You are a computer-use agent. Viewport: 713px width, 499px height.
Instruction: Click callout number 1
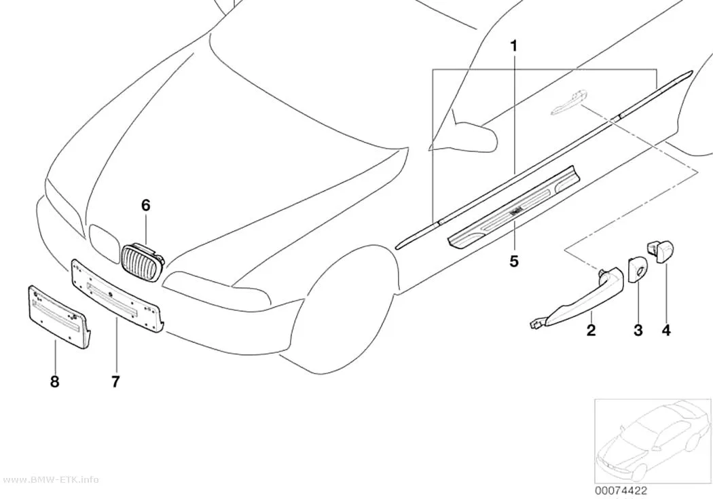coord(514,46)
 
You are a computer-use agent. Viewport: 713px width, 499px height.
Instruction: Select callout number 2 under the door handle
coord(591,330)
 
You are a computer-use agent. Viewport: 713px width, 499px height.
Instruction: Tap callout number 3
coord(638,331)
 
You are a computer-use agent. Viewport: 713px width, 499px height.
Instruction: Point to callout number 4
coord(666,330)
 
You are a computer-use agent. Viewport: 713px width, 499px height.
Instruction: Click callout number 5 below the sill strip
coord(514,261)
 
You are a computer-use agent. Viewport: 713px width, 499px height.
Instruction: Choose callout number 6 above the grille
coord(145,206)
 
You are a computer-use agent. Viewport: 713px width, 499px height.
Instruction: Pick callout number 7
coord(115,382)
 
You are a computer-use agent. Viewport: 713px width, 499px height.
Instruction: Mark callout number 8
coord(54,382)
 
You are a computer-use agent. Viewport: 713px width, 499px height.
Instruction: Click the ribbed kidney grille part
coord(143,262)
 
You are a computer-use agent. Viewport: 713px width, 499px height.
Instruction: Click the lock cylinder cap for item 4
coord(660,251)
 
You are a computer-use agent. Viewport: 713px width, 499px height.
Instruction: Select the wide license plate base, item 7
coord(116,296)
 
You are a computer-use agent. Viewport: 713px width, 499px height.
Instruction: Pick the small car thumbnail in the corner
coord(653,441)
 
